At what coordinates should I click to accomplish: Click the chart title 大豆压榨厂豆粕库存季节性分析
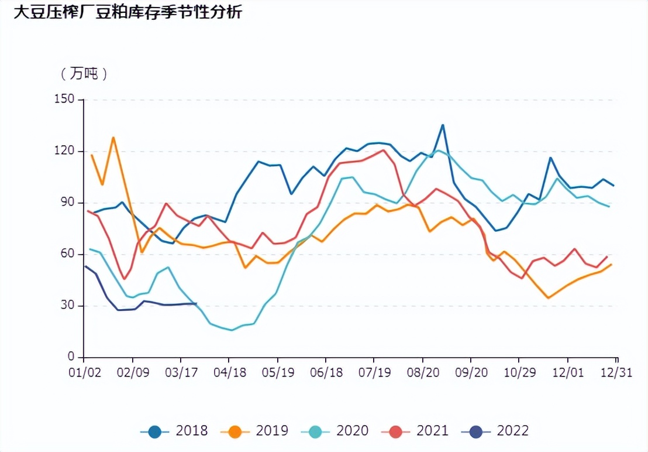(127, 12)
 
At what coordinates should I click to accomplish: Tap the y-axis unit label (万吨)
(84, 74)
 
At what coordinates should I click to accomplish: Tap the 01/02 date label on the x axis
(84, 373)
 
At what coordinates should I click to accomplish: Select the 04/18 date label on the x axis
(229, 373)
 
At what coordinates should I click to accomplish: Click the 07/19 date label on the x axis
(374, 373)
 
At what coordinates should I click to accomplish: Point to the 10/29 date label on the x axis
(519, 373)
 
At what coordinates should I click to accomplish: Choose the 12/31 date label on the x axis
(616, 373)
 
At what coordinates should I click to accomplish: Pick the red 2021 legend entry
(415, 432)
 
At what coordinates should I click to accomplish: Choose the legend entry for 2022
(495, 432)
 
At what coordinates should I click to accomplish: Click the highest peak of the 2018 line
(443, 125)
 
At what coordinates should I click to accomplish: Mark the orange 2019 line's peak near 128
(113, 138)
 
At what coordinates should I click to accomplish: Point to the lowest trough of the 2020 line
(232, 330)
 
